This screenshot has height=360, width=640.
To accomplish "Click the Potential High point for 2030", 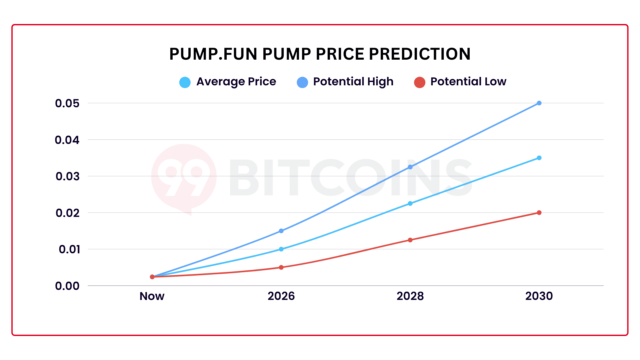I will pyautogui.click(x=539, y=103).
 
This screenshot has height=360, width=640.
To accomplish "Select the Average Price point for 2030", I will pyautogui.click(x=539, y=158).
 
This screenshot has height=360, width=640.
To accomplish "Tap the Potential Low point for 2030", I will pyautogui.click(x=539, y=213).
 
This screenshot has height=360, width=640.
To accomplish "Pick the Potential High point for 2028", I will pyautogui.click(x=410, y=167).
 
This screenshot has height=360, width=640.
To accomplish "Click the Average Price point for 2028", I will pyautogui.click(x=410, y=203).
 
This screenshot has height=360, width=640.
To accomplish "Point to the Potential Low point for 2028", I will pyautogui.click(x=410, y=240).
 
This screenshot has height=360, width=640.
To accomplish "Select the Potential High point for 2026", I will pyautogui.click(x=281, y=231).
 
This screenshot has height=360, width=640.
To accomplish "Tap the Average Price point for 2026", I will pyautogui.click(x=281, y=249).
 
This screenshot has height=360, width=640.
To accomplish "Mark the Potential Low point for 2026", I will pyautogui.click(x=281, y=267).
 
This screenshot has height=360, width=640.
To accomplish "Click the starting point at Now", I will pyautogui.click(x=152, y=277).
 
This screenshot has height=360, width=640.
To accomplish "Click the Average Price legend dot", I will pyautogui.click(x=185, y=82).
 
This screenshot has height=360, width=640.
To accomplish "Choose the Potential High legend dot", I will pyautogui.click(x=302, y=82).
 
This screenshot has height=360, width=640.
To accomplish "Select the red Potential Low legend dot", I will pyautogui.click(x=419, y=82).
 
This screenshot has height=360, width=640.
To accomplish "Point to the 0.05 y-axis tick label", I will pyautogui.click(x=67, y=103).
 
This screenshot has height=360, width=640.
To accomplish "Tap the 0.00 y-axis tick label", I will pyautogui.click(x=67, y=286).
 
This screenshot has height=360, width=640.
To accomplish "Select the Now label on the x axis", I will pyautogui.click(x=152, y=296).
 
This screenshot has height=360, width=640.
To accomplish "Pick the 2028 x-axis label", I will pyautogui.click(x=410, y=296).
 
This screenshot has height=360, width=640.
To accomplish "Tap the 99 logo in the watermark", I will pyautogui.click(x=184, y=177).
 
